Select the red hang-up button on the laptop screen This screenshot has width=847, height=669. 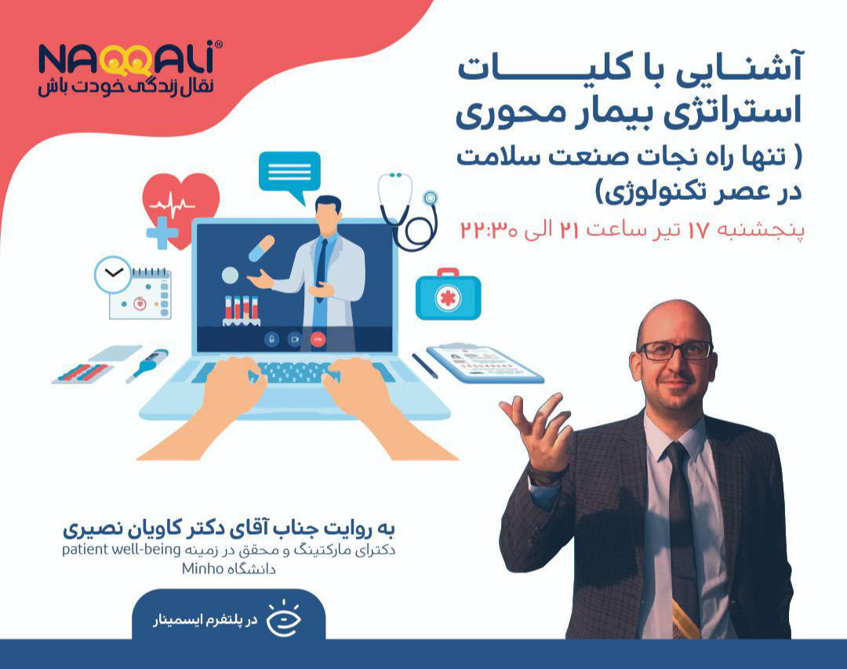tap(318, 339)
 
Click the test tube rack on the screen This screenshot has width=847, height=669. tap(241, 310)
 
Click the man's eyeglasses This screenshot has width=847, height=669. tap(674, 351)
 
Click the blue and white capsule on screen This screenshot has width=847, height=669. tap(261, 248)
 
